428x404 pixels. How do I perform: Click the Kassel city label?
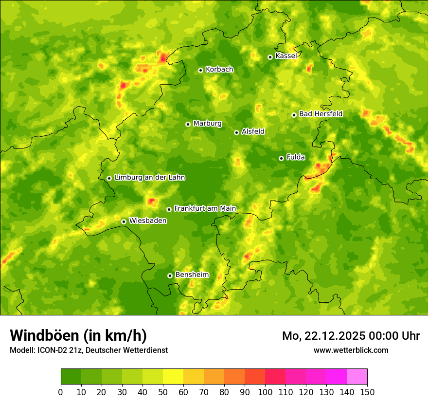[286, 56]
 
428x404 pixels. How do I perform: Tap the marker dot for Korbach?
[200, 70]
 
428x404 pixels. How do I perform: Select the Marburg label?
[207, 124]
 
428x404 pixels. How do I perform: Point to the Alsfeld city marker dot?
[236, 132]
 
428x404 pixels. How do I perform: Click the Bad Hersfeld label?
[321, 114]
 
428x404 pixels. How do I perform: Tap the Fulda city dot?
[281, 158]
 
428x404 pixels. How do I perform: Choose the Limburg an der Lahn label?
[149, 178]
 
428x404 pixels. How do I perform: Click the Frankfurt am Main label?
[205, 208]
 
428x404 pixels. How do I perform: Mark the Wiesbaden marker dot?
[124, 221]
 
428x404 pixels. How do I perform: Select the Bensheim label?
[192, 275]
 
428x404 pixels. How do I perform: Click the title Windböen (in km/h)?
[78, 335]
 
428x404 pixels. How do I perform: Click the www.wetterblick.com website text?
[351, 350]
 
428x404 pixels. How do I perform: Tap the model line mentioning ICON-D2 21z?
[89, 350]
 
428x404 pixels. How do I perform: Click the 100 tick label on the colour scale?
[265, 392]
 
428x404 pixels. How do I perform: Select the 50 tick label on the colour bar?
[163, 392]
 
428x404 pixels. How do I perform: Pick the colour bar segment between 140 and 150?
[357, 377]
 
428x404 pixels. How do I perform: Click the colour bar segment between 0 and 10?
[71, 377]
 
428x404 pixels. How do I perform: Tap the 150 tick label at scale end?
[367, 392]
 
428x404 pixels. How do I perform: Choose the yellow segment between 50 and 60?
[173, 377]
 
